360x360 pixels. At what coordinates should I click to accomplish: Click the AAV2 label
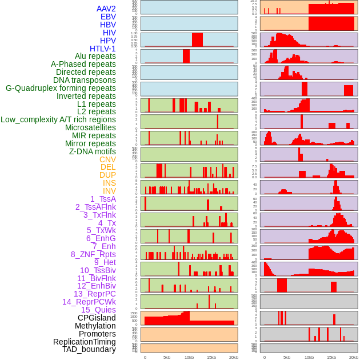106,9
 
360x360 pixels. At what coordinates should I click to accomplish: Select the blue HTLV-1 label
103,49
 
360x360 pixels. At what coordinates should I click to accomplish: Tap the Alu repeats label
95,57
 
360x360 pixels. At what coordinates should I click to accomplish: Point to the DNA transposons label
85,81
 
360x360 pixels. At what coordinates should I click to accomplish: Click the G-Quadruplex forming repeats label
61,89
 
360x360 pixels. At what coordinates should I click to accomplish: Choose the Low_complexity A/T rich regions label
58,120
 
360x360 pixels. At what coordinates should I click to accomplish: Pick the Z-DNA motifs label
93,152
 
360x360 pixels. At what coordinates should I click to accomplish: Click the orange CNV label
107,160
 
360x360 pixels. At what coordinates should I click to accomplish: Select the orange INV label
109,191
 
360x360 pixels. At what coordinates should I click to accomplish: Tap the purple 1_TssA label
103,199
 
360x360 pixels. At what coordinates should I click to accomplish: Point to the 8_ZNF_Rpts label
93,254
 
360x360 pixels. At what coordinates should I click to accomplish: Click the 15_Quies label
98,310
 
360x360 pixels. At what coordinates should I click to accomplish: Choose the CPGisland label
97,318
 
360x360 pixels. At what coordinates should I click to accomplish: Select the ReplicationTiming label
84,342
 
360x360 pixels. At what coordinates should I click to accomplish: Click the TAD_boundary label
89,349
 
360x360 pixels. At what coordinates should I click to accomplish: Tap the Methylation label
95,326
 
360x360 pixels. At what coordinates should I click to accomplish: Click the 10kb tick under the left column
189,357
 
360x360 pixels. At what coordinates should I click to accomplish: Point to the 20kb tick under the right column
354,357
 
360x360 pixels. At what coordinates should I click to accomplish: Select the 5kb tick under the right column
287,357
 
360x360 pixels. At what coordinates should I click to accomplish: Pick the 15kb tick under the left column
211,357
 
